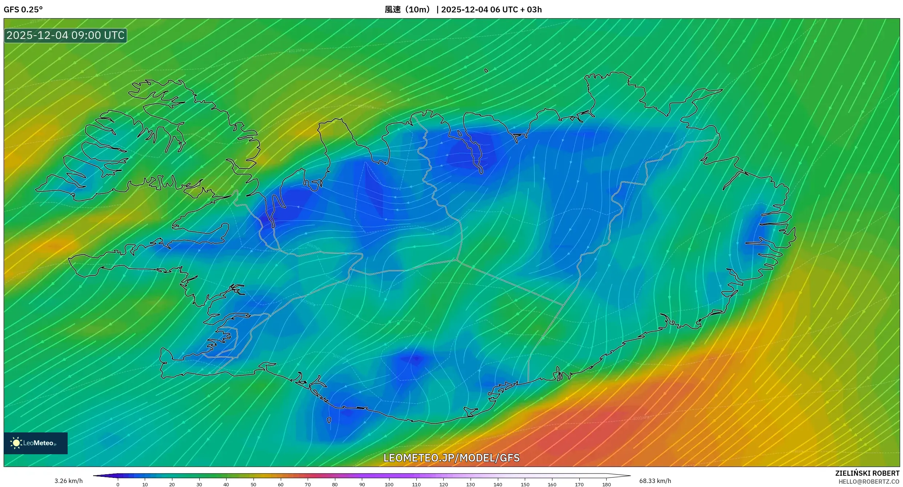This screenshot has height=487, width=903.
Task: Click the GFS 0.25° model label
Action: [x=23, y=9]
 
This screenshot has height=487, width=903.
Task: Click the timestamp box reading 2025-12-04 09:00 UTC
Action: [x=65, y=35]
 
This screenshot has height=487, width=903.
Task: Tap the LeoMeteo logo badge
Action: [x=36, y=443]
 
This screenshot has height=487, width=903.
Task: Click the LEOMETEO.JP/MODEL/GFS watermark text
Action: [x=451, y=458]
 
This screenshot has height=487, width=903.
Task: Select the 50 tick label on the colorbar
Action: [x=253, y=484]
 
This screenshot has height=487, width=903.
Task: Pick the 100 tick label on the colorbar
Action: [x=389, y=484]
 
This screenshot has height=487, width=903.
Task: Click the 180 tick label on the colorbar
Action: [x=606, y=484]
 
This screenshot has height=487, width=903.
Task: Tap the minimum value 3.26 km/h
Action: [x=68, y=481]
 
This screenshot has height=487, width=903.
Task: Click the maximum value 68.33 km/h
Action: [x=655, y=481]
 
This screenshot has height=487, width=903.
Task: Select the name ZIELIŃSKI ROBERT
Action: [x=867, y=473]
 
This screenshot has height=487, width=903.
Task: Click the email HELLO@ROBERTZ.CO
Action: [x=869, y=482]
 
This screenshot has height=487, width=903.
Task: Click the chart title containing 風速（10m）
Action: [x=463, y=9]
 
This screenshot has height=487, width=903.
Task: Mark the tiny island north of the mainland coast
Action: [x=486, y=71]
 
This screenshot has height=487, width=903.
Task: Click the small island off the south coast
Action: [x=329, y=420]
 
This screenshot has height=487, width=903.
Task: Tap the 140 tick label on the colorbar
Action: [x=498, y=484]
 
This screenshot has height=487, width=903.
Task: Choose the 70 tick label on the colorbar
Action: [x=308, y=484]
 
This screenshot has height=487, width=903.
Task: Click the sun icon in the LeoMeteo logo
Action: [x=16, y=443]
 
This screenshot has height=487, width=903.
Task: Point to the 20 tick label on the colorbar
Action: [x=172, y=484]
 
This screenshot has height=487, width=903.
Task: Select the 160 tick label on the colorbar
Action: [x=552, y=484]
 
